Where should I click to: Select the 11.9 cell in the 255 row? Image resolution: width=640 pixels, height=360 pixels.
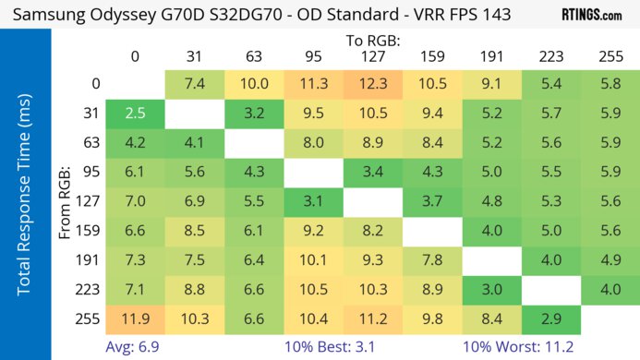[135, 318]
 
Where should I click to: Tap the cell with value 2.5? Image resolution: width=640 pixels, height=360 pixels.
[135, 114]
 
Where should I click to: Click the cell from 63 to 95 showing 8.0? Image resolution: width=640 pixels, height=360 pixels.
[314, 143]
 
